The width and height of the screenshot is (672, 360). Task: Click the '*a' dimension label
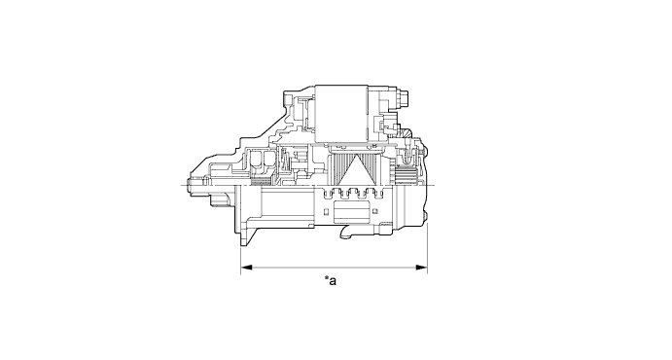(x=331, y=281)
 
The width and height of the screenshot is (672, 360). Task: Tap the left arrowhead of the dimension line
(x=245, y=266)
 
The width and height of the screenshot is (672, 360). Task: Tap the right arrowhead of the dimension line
(x=421, y=266)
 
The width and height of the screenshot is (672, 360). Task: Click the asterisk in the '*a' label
(x=327, y=279)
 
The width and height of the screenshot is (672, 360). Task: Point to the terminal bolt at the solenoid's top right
(x=401, y=97)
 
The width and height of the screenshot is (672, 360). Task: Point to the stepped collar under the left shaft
(x=219, y=199)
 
